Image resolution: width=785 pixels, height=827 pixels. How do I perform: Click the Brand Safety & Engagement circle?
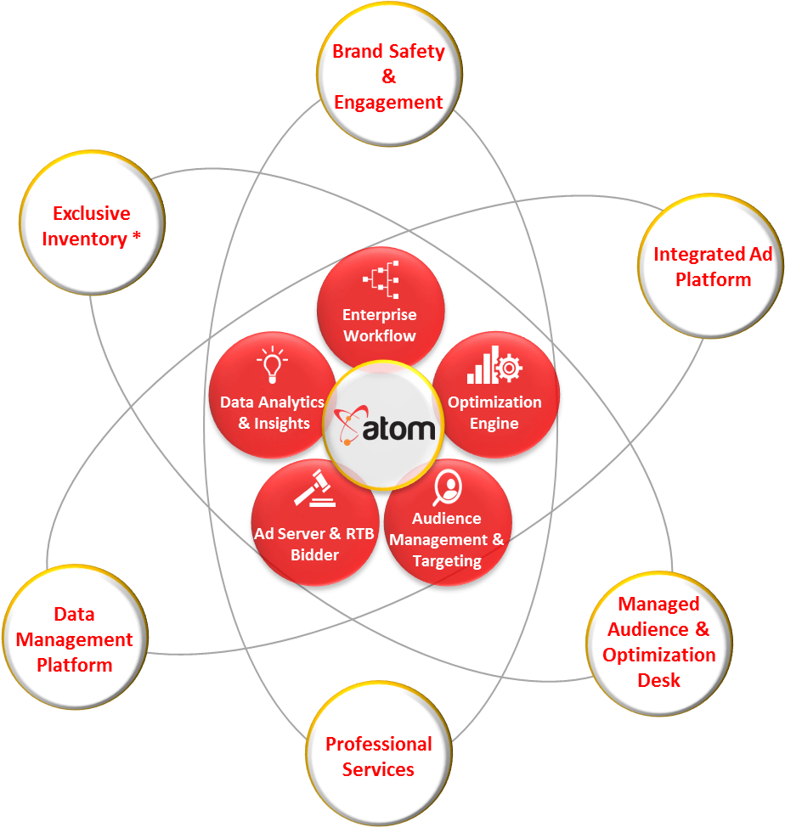(x=389, y=75)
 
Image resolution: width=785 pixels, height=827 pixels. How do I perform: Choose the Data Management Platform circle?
(x=75, y=639)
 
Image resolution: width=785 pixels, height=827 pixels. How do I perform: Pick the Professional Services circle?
(x=379, y=756)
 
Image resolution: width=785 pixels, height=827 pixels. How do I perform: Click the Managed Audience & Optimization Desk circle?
(x=659, y=641)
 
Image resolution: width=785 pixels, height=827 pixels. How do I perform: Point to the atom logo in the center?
(x=386, y=426)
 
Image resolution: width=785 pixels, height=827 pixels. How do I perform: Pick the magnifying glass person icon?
(x=447, y=487)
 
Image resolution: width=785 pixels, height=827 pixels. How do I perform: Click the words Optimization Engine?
(x=494, y=413)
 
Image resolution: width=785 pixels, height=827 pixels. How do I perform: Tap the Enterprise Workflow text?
(x=380, y=325)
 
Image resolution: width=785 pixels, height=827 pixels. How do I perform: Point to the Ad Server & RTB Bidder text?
(x=314, y=544)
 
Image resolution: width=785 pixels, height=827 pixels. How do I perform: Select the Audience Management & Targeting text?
(x=447, y=540)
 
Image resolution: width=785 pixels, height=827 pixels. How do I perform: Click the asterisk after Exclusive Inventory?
(x=136, y=238)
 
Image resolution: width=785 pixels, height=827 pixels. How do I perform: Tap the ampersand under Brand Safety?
(x=389, y=76)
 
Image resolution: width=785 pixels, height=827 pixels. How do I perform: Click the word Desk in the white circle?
(x=659, y=680)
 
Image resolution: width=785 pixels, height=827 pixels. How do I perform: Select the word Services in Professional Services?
(x=379, y=769)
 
